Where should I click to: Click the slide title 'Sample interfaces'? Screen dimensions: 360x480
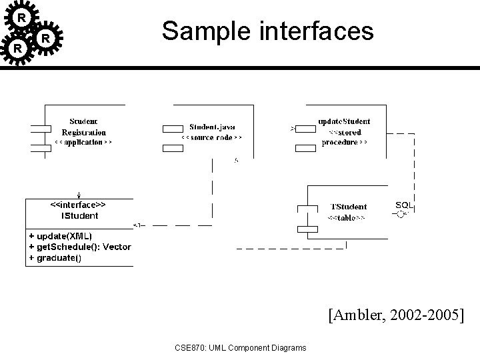pos(267,32)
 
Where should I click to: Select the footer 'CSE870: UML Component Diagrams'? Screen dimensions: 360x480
pos(240,347)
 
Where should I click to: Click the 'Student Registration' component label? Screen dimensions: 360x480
pos(84,127)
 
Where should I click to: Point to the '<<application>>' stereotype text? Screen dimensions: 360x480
pos(83,142)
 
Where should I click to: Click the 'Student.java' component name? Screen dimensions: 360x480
pos(212,127)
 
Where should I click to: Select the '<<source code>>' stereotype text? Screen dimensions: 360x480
pos(212,137)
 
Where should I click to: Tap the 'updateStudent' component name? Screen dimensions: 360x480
pos(344,122)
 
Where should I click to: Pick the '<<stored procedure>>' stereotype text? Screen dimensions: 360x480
pos(344,137)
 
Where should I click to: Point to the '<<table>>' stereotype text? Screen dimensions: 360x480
pos(347,218)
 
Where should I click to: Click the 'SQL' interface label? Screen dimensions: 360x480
pos(404,205)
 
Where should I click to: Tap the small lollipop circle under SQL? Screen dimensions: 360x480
pos(400,215)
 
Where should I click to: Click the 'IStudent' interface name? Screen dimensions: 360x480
pos(79,215)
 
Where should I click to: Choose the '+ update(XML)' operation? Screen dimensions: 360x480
pos(61,236)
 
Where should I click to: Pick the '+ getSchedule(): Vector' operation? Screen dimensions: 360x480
pos(79,247)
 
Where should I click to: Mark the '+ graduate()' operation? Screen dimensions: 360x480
pos(55,257)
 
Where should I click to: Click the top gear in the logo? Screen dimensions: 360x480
pos(22,17)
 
